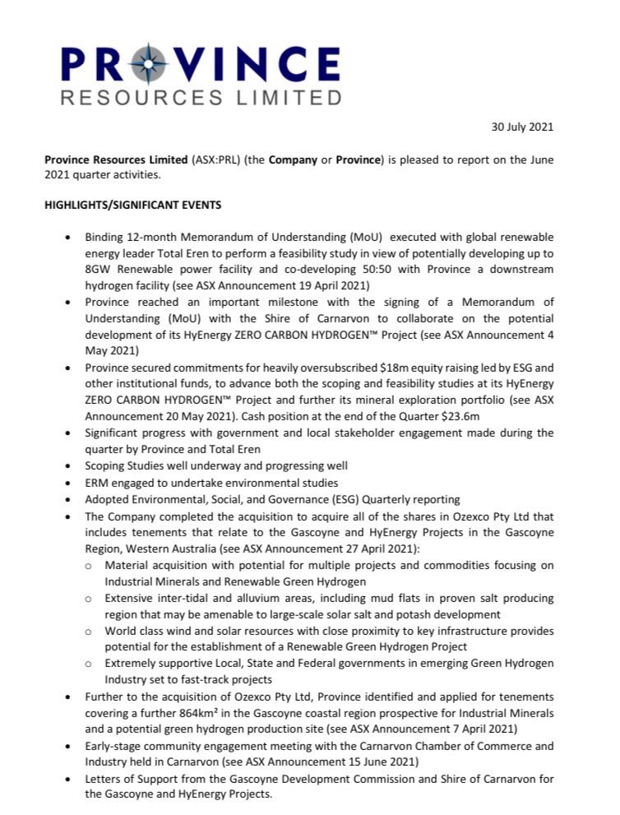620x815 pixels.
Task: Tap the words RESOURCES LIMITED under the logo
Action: [x=201, y=98]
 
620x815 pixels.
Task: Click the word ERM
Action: [x=96, y=482]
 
